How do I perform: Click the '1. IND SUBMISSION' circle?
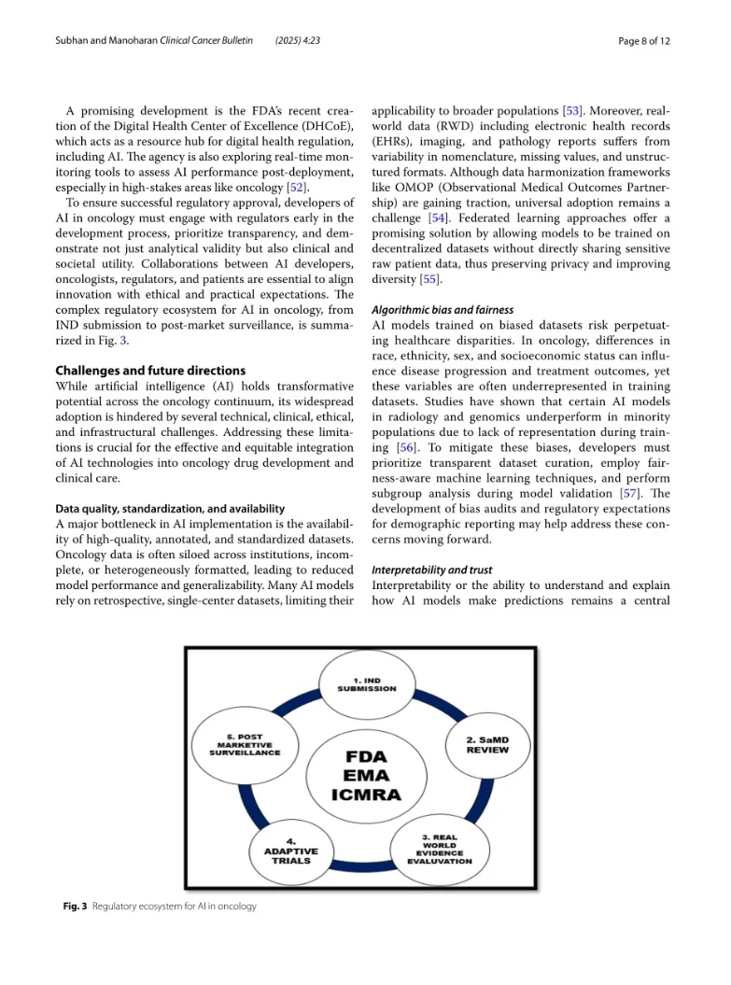point(366,684)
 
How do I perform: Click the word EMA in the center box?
point(367,775)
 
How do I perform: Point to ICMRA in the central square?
point(367,795)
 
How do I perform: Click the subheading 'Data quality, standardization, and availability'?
point(171,509)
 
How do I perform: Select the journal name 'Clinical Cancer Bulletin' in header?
point(206,42)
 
